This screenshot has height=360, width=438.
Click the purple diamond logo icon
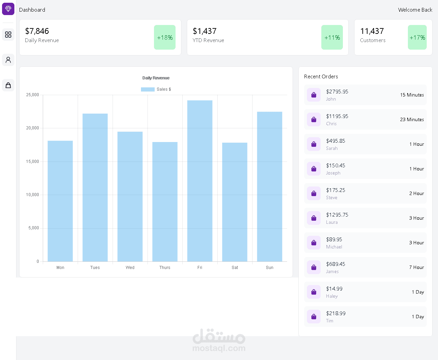coord(8,9)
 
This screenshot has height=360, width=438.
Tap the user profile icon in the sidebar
coord(8,60)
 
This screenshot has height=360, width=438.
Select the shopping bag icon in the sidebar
coord(8,85)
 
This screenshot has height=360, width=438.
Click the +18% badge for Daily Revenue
coord(165,37)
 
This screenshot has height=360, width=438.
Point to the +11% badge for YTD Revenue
coord(332,37)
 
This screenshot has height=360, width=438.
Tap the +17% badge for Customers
coord(417,37)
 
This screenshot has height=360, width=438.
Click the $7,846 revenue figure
coord(37,31)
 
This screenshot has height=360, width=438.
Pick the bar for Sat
coord(235,202)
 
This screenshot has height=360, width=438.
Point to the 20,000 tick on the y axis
coord(33,128)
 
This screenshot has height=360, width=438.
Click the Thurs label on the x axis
coord(165,268)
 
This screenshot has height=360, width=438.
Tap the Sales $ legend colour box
coord(147,89)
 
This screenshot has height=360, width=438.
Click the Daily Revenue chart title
coord(156,78)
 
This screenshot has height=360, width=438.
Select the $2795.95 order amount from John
coord(337,92)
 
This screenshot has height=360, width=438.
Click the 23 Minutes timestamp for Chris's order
coord(412,119)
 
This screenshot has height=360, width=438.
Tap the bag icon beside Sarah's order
coord(314,144)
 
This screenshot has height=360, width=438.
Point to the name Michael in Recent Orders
coord(334,247)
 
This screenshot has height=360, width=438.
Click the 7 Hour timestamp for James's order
coord(416,267)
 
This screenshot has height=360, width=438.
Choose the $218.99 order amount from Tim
coord(336,313)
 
